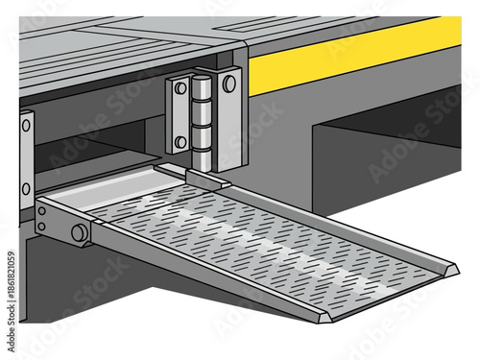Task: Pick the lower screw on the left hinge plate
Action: click(180, 142)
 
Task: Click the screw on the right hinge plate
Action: click(228, 84)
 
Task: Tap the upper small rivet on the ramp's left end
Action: click(40, 212)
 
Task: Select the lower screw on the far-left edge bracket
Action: click(26, 188)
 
